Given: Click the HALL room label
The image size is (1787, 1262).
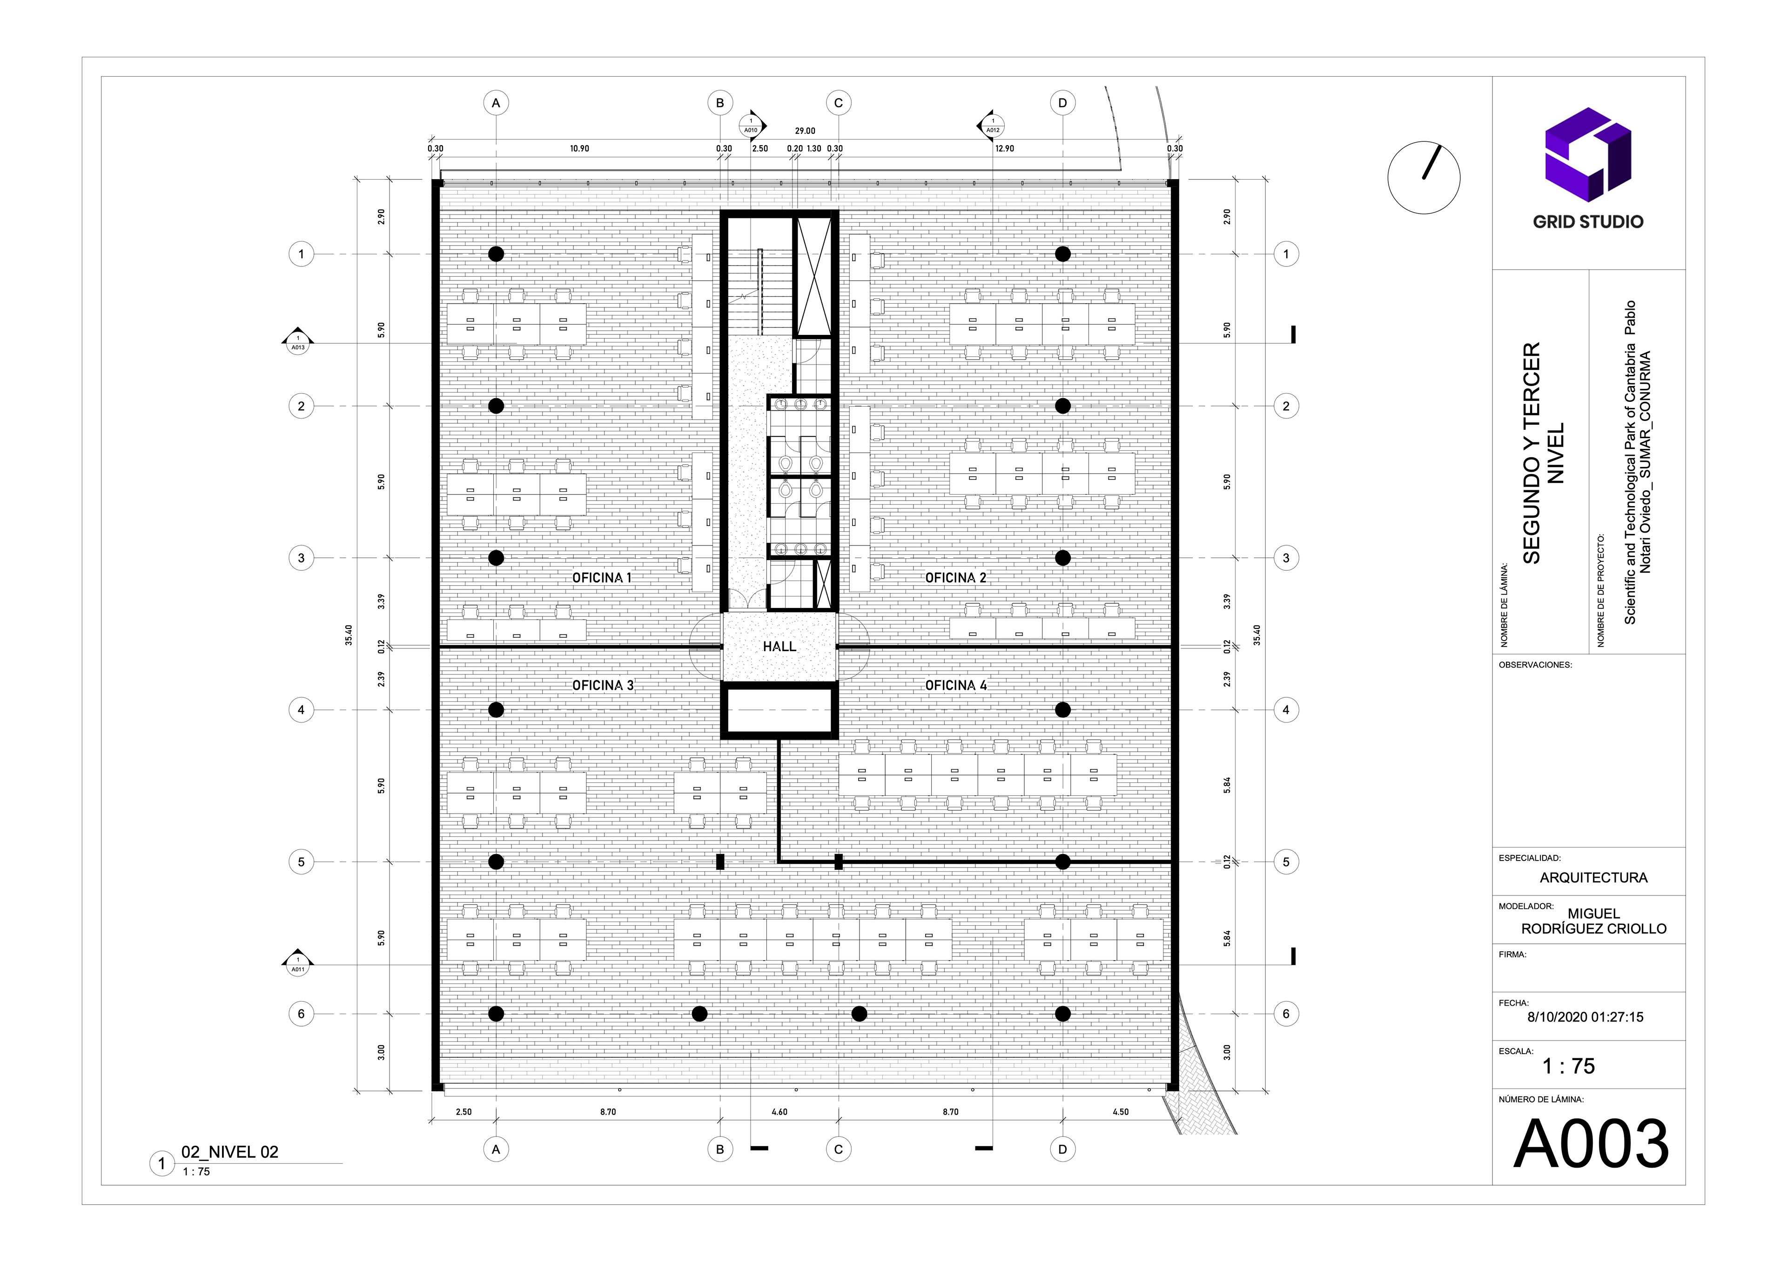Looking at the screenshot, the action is click(x=779, y=647).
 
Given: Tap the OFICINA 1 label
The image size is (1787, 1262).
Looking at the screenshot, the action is click(x=602, y=578).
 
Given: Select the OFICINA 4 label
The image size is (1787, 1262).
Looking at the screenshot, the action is click(x=956, y=686).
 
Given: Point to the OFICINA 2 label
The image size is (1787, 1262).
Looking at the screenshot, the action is click(x=956, y=578).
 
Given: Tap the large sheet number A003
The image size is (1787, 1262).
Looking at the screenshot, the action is click(x=1591, y=1144).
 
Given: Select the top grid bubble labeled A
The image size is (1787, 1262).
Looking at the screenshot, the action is click(x=496, y=103).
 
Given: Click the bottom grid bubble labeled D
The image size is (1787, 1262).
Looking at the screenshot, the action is click(x=1062, y=1149).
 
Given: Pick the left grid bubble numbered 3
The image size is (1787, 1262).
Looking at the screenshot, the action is click(x=301, y=558).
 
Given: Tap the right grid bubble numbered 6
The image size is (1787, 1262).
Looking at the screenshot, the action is click(x=1286, y=1014).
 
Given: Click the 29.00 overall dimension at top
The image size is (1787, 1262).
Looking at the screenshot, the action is click(x=805, y=132).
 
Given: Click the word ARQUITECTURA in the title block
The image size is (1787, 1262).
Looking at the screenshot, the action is click(x=1593, y=878).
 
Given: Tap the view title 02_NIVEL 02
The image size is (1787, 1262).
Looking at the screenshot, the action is click(x=229, y=1152).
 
